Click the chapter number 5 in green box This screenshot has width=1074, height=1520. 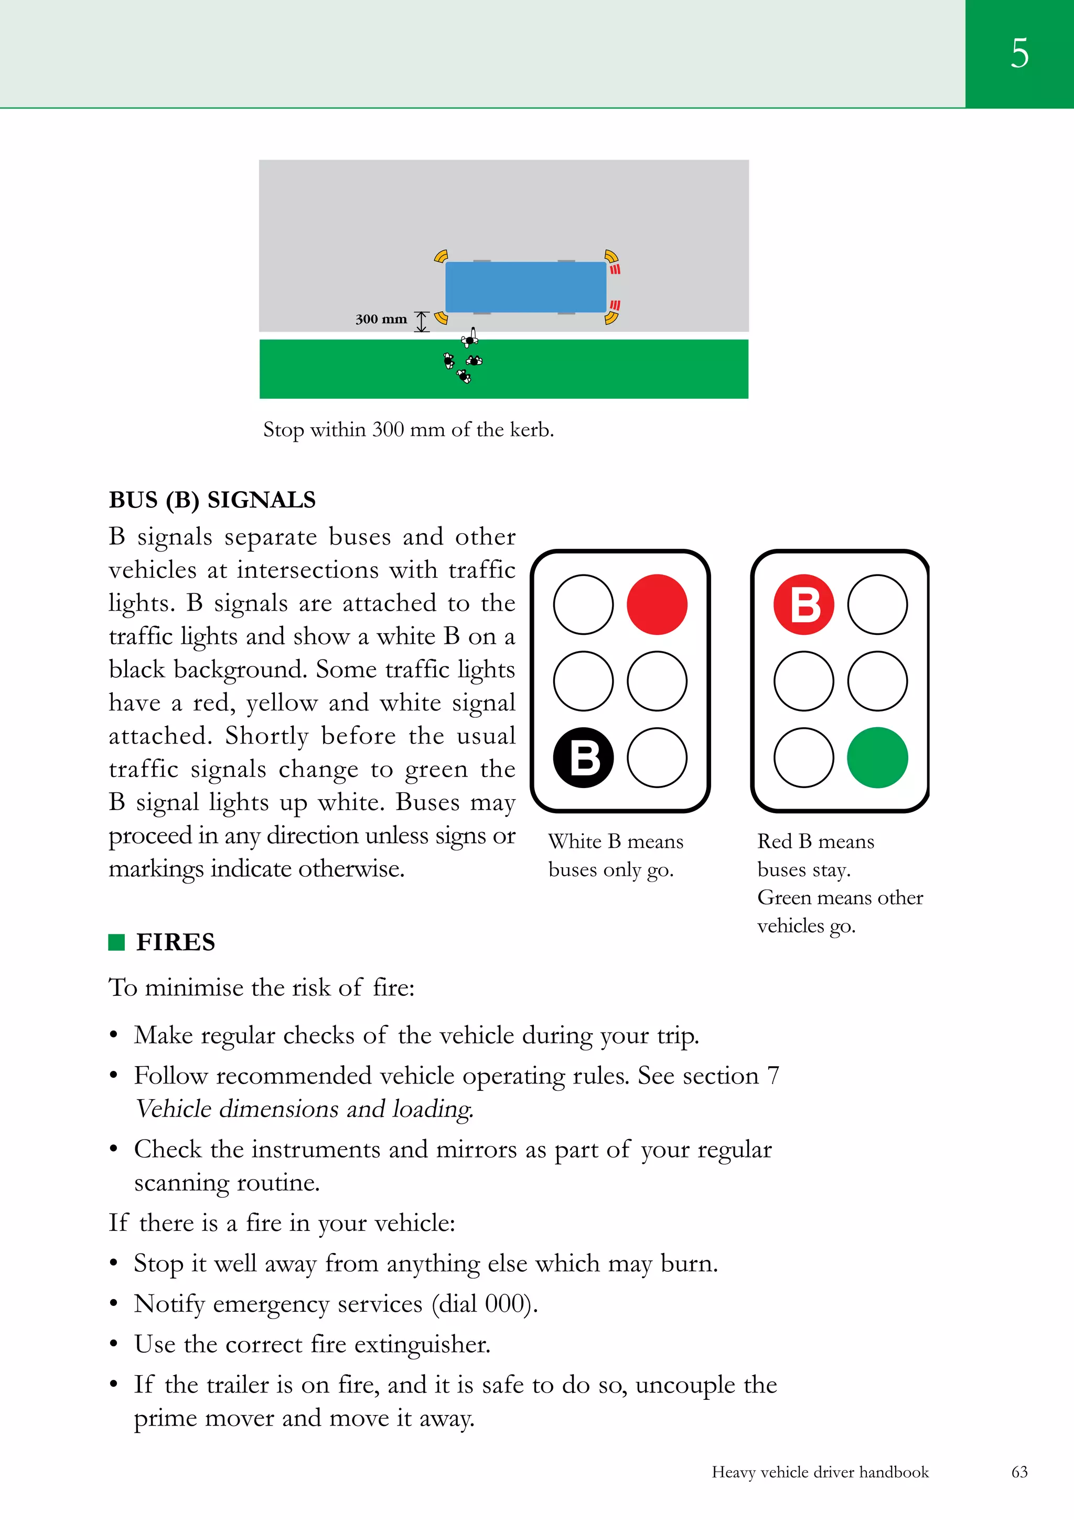(1019, 53)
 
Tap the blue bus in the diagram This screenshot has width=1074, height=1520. (525, 286)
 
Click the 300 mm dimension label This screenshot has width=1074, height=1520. (381, 319)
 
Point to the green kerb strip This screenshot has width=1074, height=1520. (596, 369)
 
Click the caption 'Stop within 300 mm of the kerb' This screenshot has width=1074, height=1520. (409, 430)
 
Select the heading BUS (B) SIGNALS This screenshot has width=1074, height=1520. (212, 500)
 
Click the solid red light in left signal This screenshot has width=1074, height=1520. (657, 604)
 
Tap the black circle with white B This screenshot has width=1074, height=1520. (583, 757)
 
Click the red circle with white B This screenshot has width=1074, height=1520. (803, 604)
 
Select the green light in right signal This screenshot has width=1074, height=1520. (877, 757)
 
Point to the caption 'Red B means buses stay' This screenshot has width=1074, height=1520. (815, 855)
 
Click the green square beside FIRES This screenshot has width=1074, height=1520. (116, 942)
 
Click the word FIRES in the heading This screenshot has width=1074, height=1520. (175, 942)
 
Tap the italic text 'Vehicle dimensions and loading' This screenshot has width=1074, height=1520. (304, 1109)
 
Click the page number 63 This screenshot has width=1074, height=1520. (1019, 1472)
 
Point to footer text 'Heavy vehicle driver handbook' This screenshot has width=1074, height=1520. (820, 1472)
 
